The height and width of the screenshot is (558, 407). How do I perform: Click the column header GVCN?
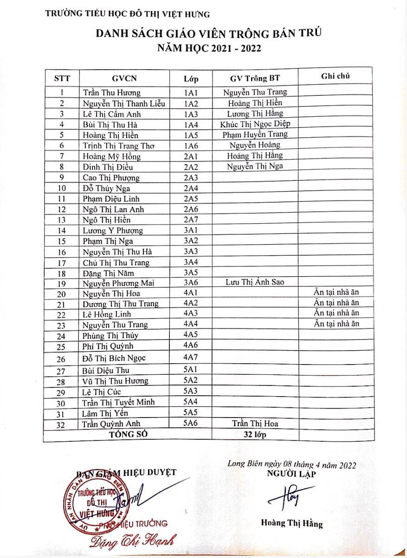click(124, 78)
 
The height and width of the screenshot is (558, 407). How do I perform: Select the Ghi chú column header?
click(335, 76)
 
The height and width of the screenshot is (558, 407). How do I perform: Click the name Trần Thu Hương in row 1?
click(111, 93)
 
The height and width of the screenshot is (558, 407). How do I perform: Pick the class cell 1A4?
click(191, 125)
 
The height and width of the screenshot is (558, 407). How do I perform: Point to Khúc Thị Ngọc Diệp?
click(255, 124)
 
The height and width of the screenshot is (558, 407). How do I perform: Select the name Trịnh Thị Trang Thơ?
click(118, 146)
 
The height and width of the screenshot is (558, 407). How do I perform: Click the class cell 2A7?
click(191, 220)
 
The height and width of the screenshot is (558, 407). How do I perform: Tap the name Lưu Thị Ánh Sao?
click(255, 282)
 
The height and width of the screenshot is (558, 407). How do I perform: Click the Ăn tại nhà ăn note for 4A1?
click(336, 292)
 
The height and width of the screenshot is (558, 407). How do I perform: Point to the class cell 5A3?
click(191, 391)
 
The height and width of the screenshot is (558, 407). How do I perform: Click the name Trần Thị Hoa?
click(255, 424)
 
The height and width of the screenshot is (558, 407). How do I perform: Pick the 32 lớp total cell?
click(255, 435)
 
